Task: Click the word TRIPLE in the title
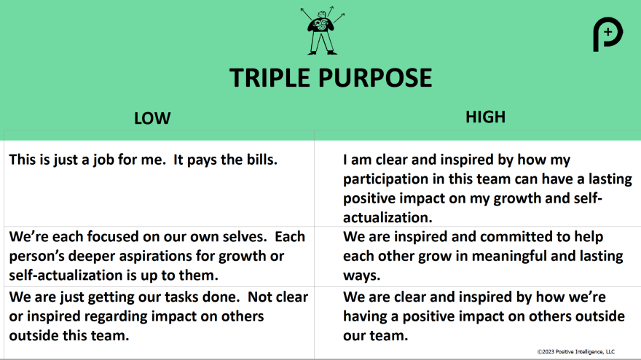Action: click(270, 78)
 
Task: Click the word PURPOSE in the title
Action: click(375, 78)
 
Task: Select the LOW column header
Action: click(152, 118)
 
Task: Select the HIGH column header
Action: click(485, 117)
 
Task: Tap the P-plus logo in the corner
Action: click(607, 34)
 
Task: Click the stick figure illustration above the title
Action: click(322, 31)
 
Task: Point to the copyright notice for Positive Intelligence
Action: click(575, 352)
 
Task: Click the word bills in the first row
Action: click(261, 160)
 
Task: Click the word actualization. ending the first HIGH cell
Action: click(388, 217)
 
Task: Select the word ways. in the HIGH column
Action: click(362, 275)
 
